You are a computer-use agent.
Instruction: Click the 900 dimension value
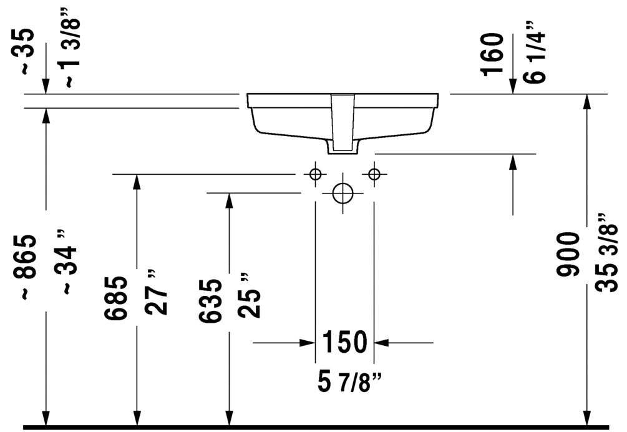[568, 255]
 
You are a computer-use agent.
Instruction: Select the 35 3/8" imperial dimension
[606, 253]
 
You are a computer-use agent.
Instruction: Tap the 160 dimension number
[492, 54]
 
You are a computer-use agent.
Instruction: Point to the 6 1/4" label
[534, 52]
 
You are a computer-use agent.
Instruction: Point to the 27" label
[155, 292]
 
